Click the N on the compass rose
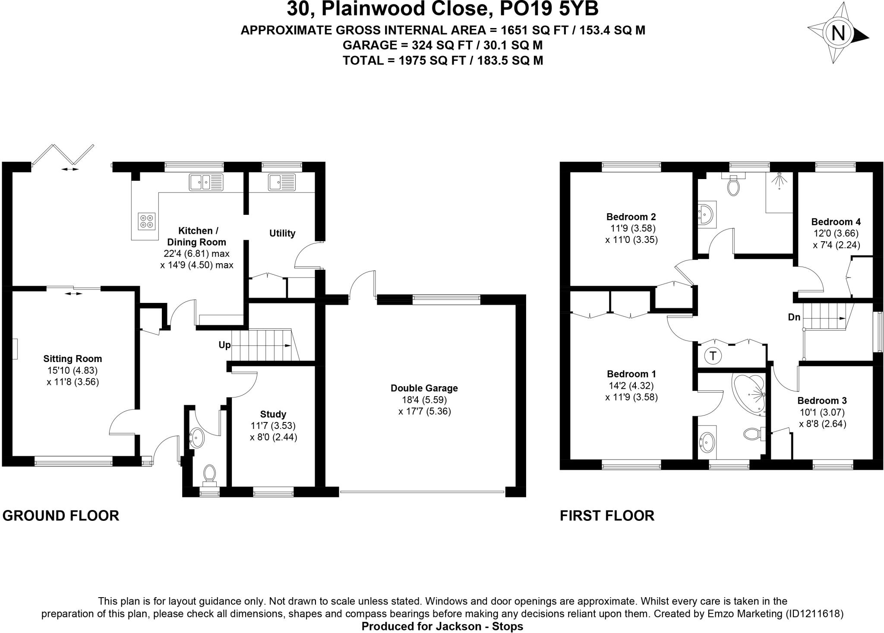coord(838,33)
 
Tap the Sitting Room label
coord(73,359)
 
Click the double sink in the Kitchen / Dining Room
coord(206,182)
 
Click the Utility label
coord(282,233)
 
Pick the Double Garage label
coord(424,388)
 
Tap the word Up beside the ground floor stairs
coord(224,345)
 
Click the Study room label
coord(273,414)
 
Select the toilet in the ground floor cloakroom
coord(210,473)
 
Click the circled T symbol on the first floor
coord(713,356)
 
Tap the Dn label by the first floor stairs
coord(794,317)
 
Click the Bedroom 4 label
coord(836,222)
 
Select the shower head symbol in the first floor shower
coord(779,180)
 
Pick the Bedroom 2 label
coord(631,217)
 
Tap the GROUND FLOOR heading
coord(61,516)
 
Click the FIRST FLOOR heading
coord(607,516)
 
